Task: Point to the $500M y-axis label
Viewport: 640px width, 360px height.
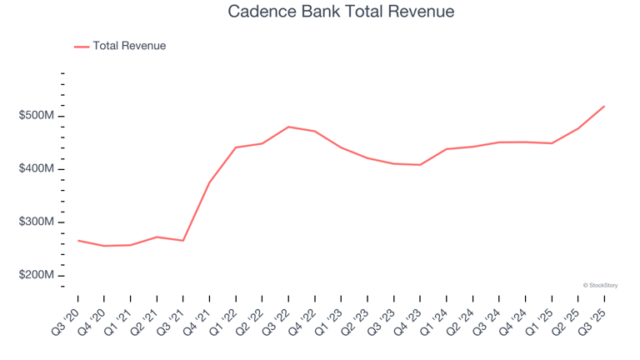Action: (36, 116)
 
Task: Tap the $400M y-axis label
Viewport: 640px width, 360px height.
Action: (36, 169)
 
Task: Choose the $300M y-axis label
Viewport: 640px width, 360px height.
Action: (36, 222)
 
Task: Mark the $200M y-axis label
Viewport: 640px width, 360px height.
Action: (36, 276)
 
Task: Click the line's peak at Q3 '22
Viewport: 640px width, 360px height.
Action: (288, 127)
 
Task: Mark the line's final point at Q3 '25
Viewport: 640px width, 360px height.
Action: (604, 106)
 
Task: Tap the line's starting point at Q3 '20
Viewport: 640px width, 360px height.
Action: (78, 241)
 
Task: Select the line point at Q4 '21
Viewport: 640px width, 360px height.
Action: (209, 182)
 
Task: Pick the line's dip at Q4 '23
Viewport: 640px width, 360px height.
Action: (420, 165)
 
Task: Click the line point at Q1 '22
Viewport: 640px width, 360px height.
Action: (236, 147)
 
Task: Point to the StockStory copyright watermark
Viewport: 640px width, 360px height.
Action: (600, 286)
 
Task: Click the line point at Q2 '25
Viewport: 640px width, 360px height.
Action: (577, 128)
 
